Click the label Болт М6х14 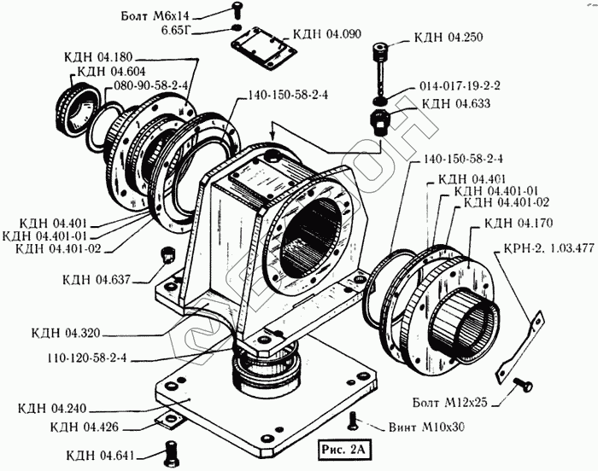pyautogui.click(x=155, y=16)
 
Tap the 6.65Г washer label pyautogui.click(x=176, y=31)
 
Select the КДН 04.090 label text pyautogui.click(x=327, y=34)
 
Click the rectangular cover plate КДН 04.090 pyautogui.click(x=263, y=48)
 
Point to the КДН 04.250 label pyautogui.click(x=448, y=38)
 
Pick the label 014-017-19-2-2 pyautogui.click(x=460, y=85)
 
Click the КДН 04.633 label pyautogui.click(x=455, y=103)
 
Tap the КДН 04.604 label pyautogui.click(x=111, y=72)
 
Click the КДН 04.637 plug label pyautogui.click(x=97, y=280)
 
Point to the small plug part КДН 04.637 pyautogui.click(x=167, y=254)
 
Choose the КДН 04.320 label pyautogui.click(x=66, y=333)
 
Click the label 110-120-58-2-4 pyautogui.click(x=87, y=358)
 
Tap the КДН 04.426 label pyautogui.click(x=85, y=427)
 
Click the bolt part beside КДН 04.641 pyautogui.click(x=172, y=453)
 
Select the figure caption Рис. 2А pyautogui.click(x=343, y=450)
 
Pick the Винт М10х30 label pyautogui.click(x=426, y=427)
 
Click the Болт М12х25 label pyautogui.click(x=450, y=403)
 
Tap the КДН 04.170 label pyautogui.click(x=519, y=223)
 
